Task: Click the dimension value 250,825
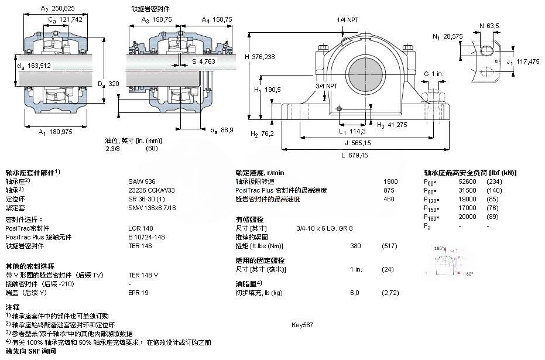pyautogui.click(x=60, y=9)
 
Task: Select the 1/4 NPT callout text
pyautogui.click(x=348, y=19)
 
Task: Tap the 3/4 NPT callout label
pyautogui.click(x=327, y=86)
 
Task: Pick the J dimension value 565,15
pyautogui.click(x=358, y=142)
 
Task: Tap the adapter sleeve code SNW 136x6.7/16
pyautogui.click(x=152, y=207)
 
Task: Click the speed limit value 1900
pyautogui.click(x=390, y=181)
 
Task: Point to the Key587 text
pyautogui.click(x=303, y=325)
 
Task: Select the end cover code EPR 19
pyautogui.click(x=139, y=292)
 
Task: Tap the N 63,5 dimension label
pyautogui.click(x=489, y=26)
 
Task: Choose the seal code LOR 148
pyautogui.click(x=140, y=228)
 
